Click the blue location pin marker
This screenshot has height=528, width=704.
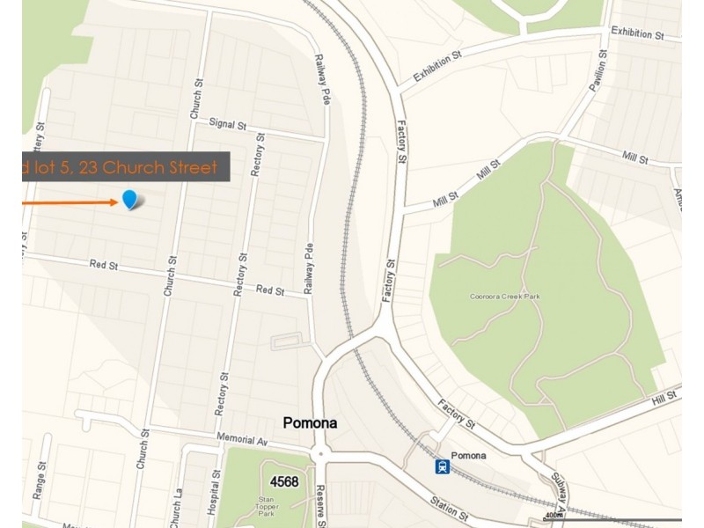tap(130, 200)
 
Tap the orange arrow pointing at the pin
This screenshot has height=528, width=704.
tap(70, 202)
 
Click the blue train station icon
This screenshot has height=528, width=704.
tap(442, 466)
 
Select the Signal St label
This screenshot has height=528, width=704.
tap(221, 124)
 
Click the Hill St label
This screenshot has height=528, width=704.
tap(663, 399)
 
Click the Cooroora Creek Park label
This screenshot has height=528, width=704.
tap(504, 297)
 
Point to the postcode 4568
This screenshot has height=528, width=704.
tap(284, 481)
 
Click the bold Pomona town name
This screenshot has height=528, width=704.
tap(311, 423)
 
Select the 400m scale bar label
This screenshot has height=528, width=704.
tap(554, 516)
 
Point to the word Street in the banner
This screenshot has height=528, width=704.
tap(189, 167)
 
